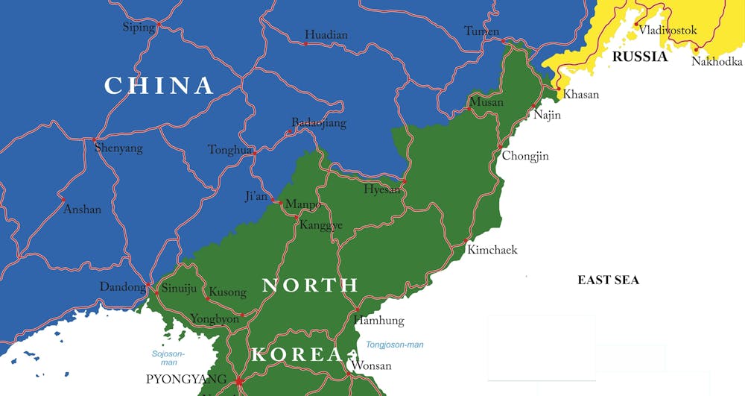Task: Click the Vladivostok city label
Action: (x=668, y=31)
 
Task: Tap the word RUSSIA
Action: (x=639, y=57)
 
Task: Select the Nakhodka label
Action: (x=717, y=62)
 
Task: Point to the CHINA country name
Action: (x=159, y=86)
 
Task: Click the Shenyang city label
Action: (x=118, y=148)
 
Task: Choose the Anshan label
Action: (x=82, y=210)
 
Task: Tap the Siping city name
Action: (x=139, y=28)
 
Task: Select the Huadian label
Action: (x=326, y=35)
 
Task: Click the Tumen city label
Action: (x=482, y=31)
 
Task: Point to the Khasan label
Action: (x=581, y=95)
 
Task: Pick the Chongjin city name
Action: (x=525, y=156)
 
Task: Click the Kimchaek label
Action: (x=492, y=250)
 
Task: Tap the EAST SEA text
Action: (x=609, y=280)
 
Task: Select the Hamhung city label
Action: (x=378, y=321)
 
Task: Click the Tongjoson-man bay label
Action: (x=395, y=345)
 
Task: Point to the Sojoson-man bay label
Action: (x=168, y=357)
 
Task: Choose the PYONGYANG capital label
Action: (x=186, y=380)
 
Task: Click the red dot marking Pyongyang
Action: (x=239, y=382)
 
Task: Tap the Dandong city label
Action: (x=123, y=287)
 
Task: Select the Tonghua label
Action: (x=230, y=150)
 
